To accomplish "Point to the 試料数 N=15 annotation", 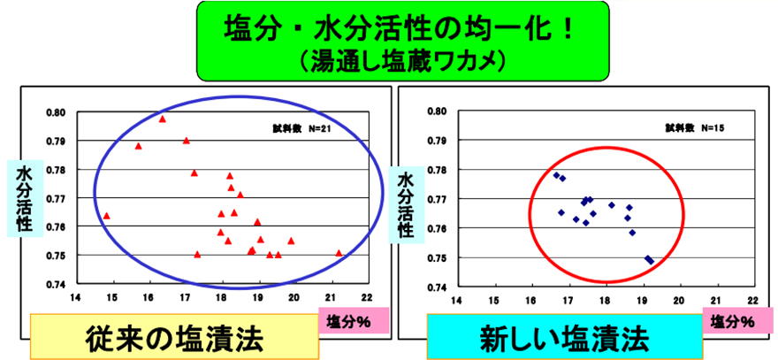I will [x=695, y=128].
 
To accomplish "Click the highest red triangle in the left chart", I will [x=162, y=119].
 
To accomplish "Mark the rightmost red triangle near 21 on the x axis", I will [x=339, y=253].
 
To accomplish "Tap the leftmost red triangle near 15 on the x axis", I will [x=106, y=216].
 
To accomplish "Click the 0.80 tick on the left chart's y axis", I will [x=56, y=113].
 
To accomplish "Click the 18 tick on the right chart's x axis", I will [x=605, y=299].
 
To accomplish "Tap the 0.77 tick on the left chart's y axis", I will [x=56, y=199].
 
